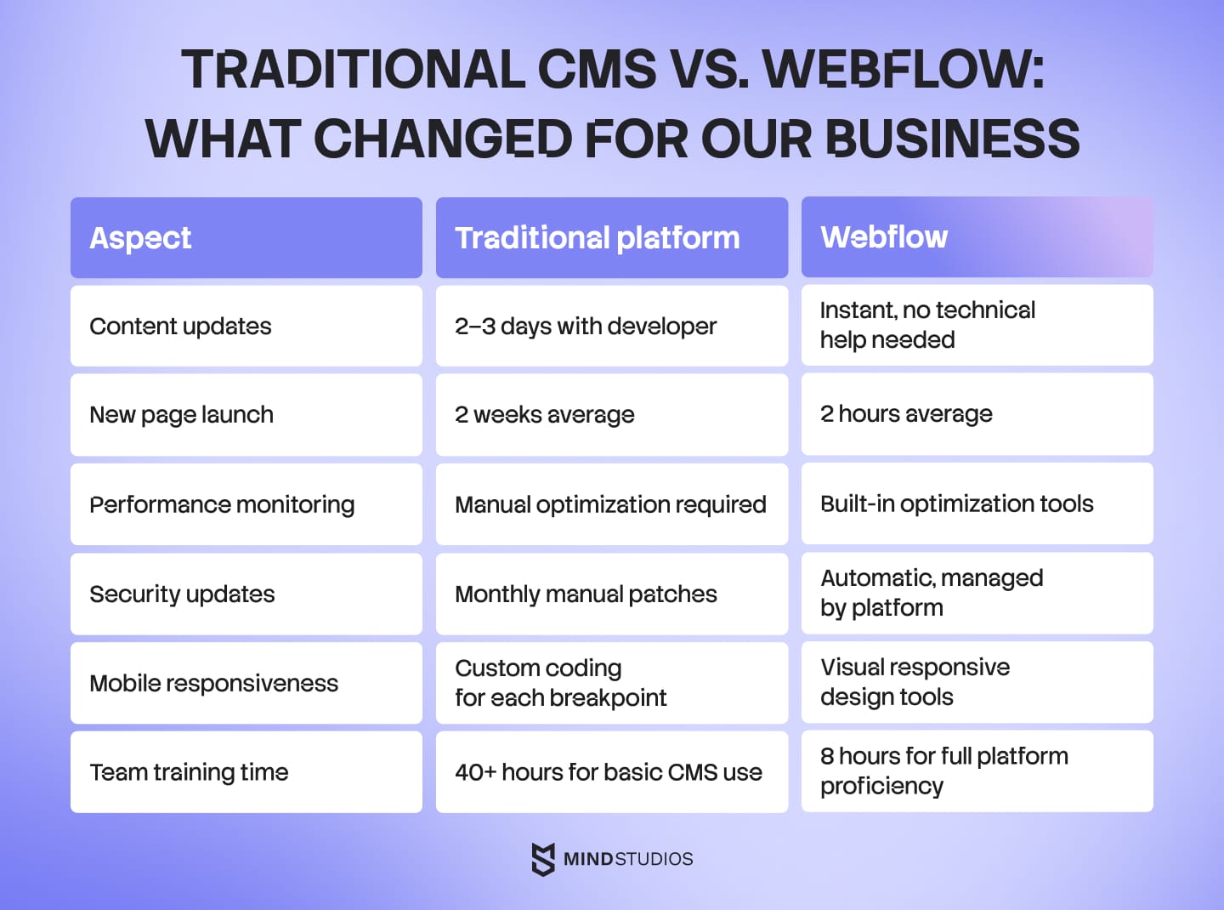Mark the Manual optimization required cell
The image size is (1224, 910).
610,504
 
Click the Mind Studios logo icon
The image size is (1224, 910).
542,859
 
